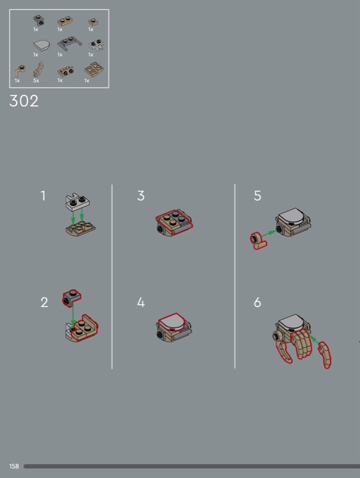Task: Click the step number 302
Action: (24, 100)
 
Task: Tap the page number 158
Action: (14, 466)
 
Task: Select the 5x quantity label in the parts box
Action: (36, 81)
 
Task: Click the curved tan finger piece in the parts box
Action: (38, 69)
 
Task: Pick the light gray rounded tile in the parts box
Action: (41, 46)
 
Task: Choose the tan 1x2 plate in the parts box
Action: (65, 21)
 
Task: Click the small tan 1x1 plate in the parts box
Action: (93, 22)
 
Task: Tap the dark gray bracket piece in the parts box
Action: (38, 21)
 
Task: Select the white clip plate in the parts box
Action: (96, 45)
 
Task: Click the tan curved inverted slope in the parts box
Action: (94, 70)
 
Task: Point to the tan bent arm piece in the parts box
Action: (20, 71)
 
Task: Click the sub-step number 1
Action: (43, 196)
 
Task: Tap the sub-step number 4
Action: (141, 302)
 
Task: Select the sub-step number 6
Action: (257, 302)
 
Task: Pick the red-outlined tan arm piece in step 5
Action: (258, 241)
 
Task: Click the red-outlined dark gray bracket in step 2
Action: (72, 298)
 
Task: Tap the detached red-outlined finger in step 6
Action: (324, 355)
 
